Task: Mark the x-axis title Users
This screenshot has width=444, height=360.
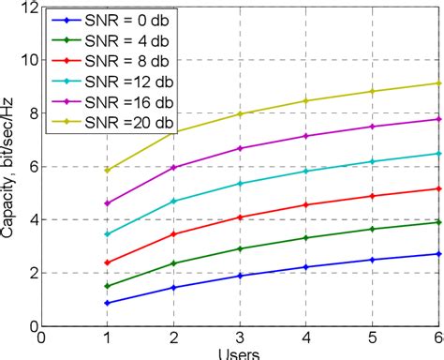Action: (x=241, y=355)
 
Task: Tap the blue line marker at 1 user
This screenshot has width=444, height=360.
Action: (x=108, y=303)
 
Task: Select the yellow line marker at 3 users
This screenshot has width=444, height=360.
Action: (x=241, y=114)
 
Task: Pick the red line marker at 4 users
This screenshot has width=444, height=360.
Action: (x=307, y=204)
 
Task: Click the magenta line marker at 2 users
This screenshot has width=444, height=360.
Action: (x=174, y=167)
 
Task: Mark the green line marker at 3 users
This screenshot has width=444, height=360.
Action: (x=241, y=248)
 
